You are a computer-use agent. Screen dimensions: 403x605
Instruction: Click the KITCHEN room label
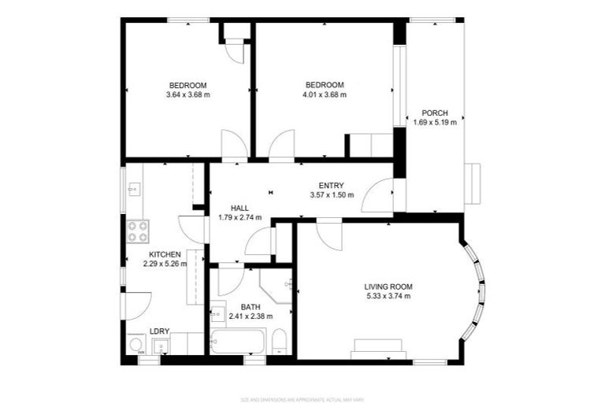(165, 254)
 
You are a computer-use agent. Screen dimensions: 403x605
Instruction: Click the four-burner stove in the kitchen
(138, 230)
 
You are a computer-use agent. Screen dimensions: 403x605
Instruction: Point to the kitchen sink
(134, 189)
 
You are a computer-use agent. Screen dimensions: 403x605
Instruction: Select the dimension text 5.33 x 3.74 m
(388, 296)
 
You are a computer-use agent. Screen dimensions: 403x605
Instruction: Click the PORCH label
(435, 113)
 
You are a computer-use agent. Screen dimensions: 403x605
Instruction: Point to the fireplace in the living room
(379, 346)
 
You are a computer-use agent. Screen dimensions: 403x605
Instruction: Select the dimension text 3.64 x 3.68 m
(187, 95)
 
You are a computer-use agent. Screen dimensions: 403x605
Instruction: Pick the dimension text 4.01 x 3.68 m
(325, 95)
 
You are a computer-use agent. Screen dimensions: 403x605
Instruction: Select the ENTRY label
(332, 185)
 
